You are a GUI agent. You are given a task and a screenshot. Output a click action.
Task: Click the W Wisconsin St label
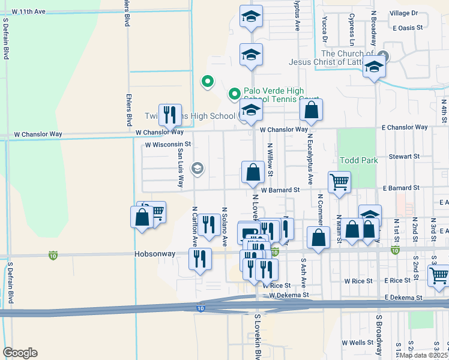[167, 145]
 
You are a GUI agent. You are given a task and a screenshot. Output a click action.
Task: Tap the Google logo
[20, 353]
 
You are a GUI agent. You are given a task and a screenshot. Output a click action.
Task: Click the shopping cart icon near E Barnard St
[339, 182]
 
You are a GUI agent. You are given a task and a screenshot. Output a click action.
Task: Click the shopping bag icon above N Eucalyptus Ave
[312, 110]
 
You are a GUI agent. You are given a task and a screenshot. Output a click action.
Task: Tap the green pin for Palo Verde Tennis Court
[234, 94]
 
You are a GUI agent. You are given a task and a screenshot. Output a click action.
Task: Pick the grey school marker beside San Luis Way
[197, 169]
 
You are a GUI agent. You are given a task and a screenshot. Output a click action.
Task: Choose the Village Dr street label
[403, 13]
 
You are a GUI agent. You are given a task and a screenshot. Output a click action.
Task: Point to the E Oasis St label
[408, 28]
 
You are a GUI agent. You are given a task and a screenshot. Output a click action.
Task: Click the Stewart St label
[403, 156]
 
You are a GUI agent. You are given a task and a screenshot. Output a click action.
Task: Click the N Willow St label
[271, 160]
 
